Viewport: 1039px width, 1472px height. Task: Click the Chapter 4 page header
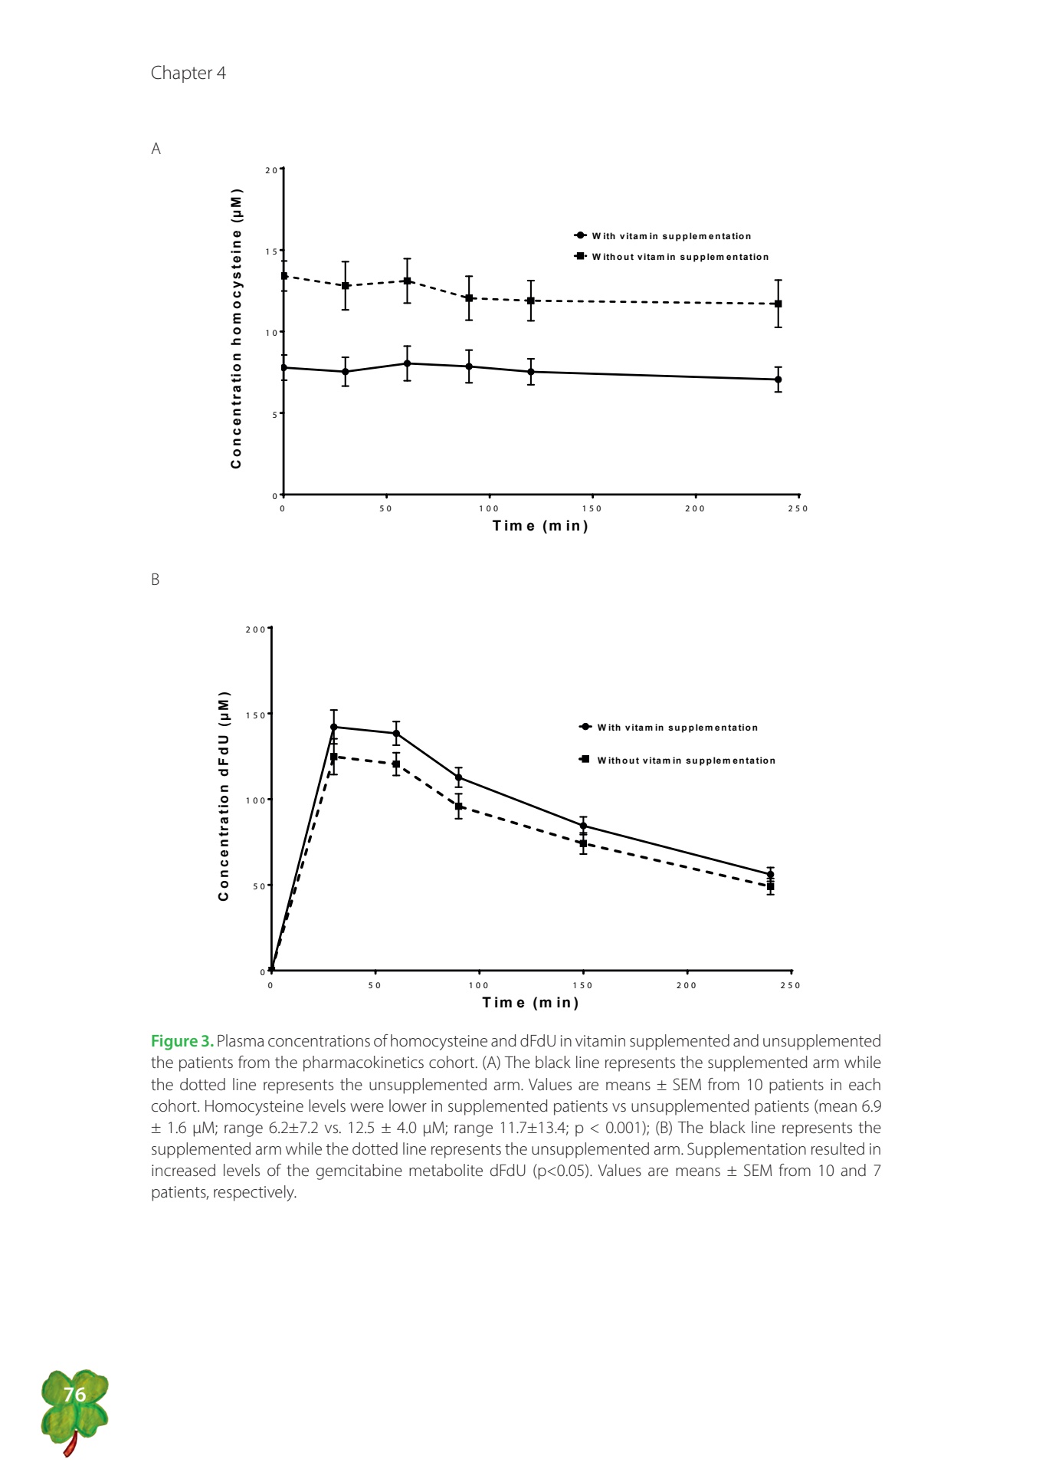tap(188, 73)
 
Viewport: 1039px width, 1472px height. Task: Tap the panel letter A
tap(156, 149)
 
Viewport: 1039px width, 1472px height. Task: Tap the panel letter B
tap(156, 580)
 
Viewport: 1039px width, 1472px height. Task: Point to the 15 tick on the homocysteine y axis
tap(271, 251)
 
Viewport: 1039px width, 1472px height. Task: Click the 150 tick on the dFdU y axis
tap(255, 715)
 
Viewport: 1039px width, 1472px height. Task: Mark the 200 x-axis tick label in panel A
tap(695, 508)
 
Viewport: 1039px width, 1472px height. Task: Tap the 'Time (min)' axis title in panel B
tap(530, 1003)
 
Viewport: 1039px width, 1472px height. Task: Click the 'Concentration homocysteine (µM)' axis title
tap(236, 328)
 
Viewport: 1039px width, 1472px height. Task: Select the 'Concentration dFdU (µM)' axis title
tap(224, 797)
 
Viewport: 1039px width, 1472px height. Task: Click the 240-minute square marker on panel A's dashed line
tap(778, 304)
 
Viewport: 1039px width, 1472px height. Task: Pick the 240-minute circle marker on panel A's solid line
tap(778, 379)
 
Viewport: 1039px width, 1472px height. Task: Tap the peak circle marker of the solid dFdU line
tap(333, 727)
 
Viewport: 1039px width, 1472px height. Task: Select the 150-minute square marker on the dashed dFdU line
tap(583, 843)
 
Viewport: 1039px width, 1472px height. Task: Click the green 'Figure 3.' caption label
tap(182, 1041)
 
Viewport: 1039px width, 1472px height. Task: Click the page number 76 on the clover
tap(74, 1394)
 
